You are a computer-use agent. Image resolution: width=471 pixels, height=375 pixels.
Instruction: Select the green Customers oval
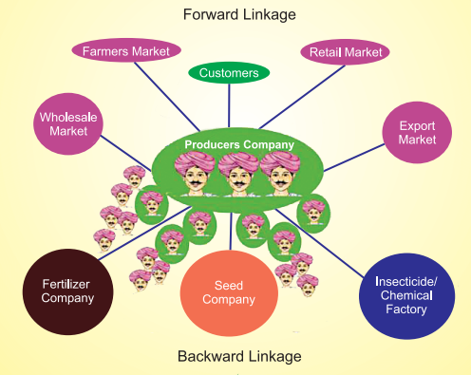229,72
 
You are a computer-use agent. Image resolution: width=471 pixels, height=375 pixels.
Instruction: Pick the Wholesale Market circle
68,123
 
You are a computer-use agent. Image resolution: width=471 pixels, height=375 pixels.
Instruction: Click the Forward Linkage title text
237,14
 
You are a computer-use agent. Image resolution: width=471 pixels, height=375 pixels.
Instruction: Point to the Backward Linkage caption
237,356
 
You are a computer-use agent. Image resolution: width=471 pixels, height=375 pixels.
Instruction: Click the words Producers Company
239,145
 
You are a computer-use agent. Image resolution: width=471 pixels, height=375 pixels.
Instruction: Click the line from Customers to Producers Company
231,109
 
